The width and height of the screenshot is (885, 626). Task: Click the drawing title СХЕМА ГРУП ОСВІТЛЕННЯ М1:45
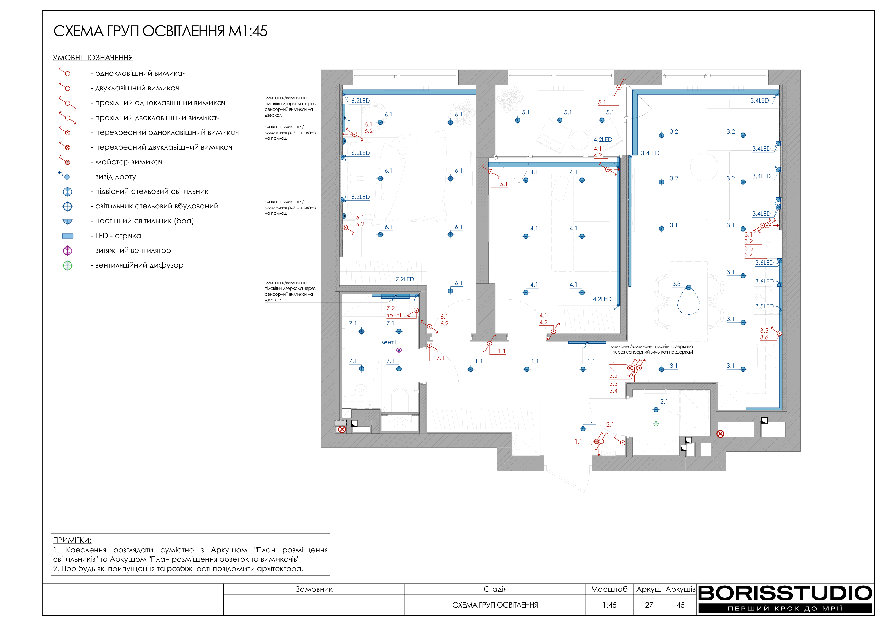point(160,31)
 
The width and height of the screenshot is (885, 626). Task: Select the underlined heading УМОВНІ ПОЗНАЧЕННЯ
point(93,58)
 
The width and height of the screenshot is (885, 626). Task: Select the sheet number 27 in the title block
point(649,605)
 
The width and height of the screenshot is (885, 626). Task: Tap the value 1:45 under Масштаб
point(609,605)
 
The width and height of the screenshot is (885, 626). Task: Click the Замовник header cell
point(314,589)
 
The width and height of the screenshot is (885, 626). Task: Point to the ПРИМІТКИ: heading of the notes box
point(72,540)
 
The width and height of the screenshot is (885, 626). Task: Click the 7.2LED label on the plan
point(405,279)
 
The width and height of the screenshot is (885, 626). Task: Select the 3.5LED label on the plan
point(764,306)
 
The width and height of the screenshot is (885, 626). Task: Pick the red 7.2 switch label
point(390,309)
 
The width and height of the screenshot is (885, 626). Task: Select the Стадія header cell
point(495,589)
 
